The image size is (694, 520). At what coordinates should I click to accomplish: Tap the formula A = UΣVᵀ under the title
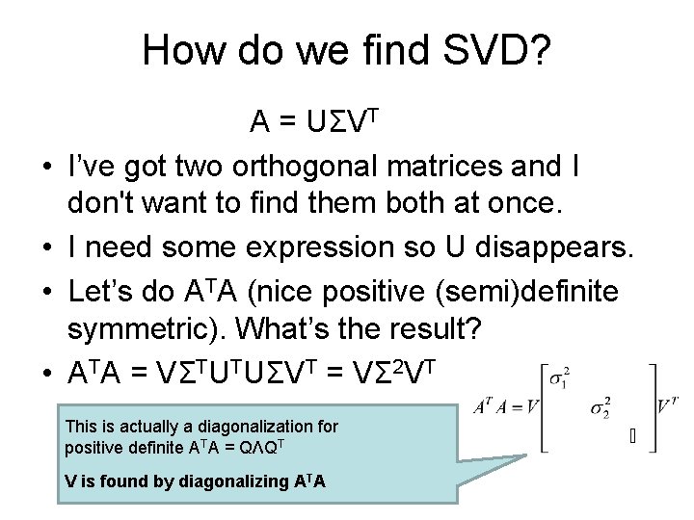317,122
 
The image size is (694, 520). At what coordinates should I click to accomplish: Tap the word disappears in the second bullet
544,247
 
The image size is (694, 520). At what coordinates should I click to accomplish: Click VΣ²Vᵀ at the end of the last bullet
395,371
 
